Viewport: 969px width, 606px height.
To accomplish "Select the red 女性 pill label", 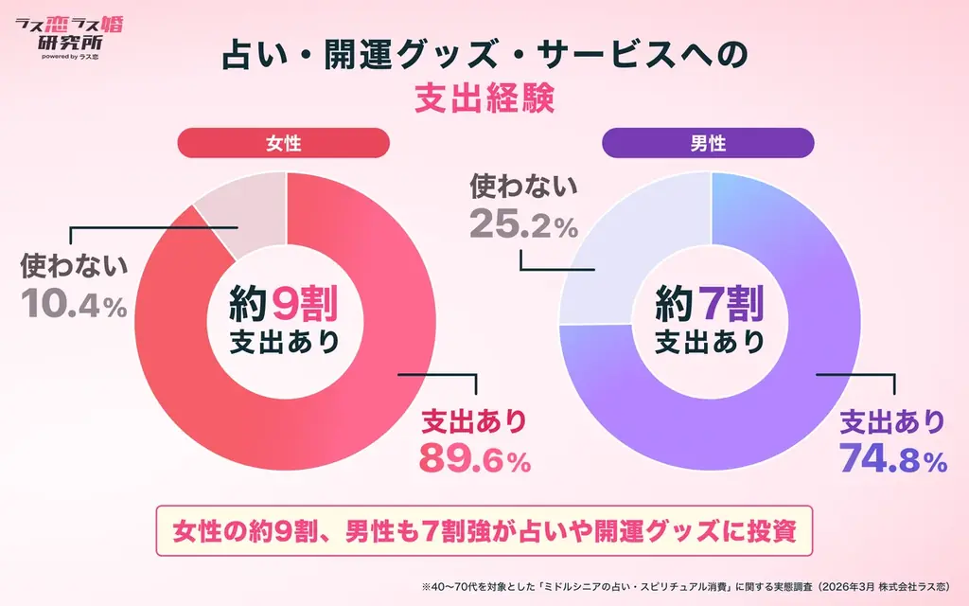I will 283,143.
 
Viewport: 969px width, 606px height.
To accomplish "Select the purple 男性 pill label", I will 709,143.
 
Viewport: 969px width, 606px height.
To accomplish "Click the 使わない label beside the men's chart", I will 523,188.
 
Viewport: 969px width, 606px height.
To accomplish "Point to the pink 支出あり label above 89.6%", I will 473,419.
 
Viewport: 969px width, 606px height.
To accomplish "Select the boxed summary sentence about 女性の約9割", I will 484,531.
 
